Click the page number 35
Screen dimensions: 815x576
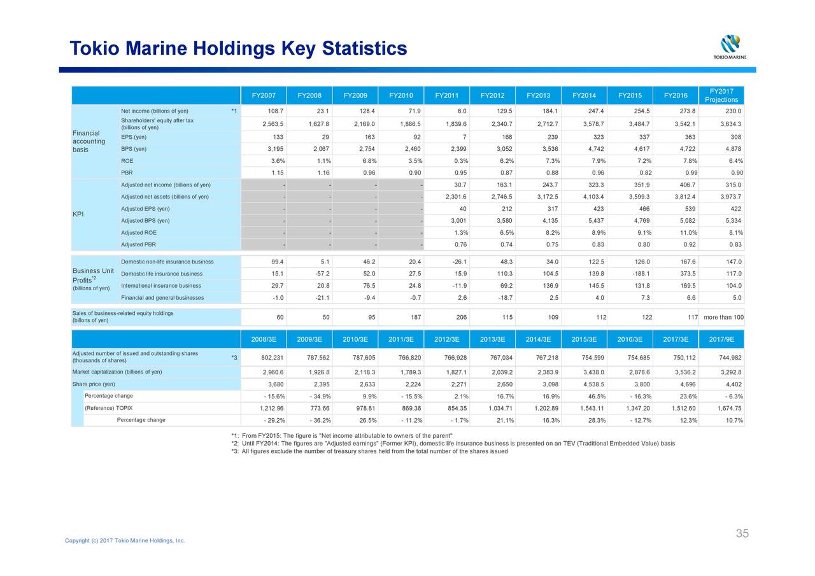click(x=742, y=533)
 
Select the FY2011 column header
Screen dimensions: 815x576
click(x=446, y=95)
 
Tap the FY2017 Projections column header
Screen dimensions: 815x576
click(x=721, y=95)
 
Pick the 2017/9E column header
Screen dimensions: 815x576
click(x=721, y=339)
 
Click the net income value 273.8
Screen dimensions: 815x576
click(x=687, y=111)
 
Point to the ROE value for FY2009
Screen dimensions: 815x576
click(x=369, y=161)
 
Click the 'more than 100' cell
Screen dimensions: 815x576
click(x=723, y=317)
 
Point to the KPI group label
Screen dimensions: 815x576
click(x=78, y=214)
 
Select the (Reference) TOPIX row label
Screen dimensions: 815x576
click(x=108, y=408)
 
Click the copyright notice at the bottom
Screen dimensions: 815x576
click(x=125, y=540)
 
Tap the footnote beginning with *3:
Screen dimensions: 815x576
click(x=369, y=451)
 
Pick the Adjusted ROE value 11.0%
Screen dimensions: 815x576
click(x=688, y=232)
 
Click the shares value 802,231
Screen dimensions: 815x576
click(x=272, y=358)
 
